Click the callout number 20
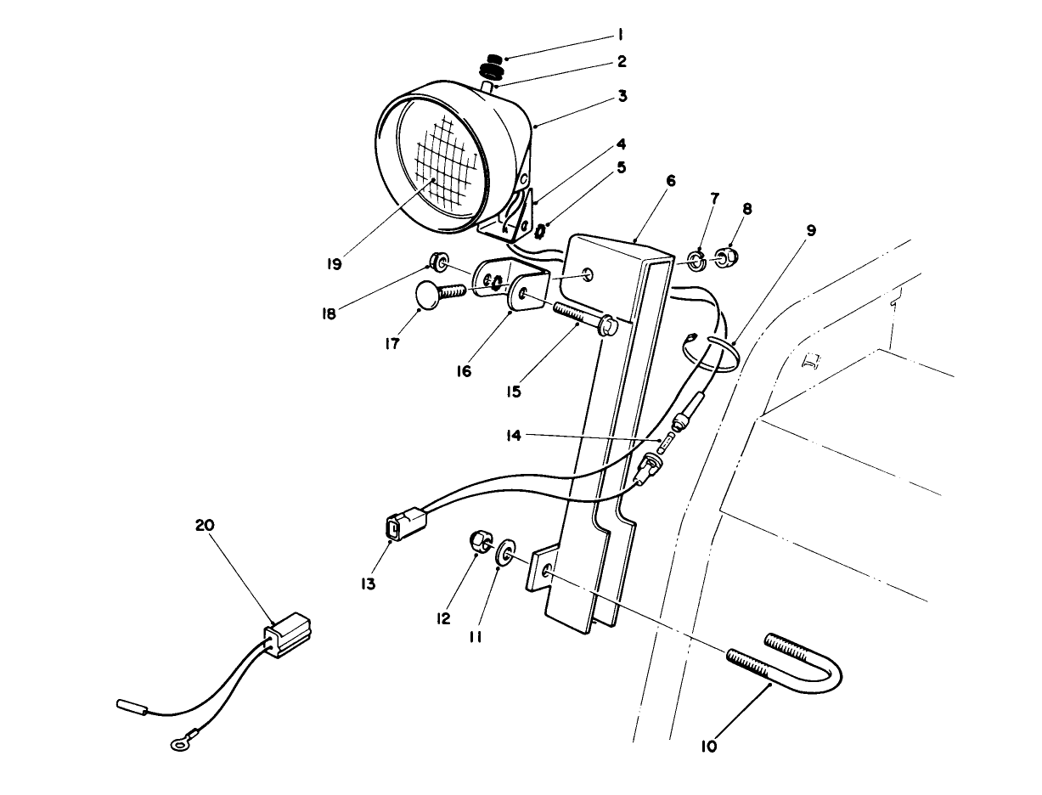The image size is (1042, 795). [205, 526]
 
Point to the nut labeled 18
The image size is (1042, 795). [439, 260]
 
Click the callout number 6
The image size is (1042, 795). [671, 180]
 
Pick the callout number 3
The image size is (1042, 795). [622, 96]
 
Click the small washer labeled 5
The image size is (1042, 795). [539, 229]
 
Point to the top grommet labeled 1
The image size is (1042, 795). [492, 56]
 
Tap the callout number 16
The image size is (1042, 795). [464, 370]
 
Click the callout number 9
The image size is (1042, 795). [811, 230]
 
